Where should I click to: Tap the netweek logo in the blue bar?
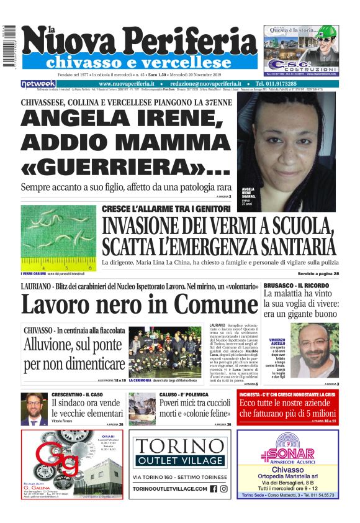tap(38, 84)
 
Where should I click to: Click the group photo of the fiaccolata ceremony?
tap(165, 352)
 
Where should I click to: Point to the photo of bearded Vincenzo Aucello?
tap(317, 354)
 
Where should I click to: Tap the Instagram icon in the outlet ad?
tap(223, 489)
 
